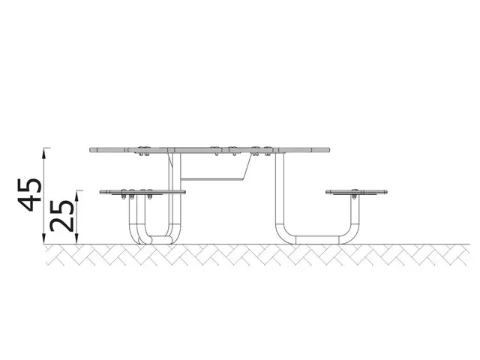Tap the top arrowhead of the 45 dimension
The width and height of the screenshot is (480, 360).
(46, 150)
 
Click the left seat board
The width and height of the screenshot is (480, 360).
(142, 193)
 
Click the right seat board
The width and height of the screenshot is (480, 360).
(357, 193)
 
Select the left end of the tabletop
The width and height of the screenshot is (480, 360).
(91, 149)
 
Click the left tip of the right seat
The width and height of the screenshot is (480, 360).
(327, 193)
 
